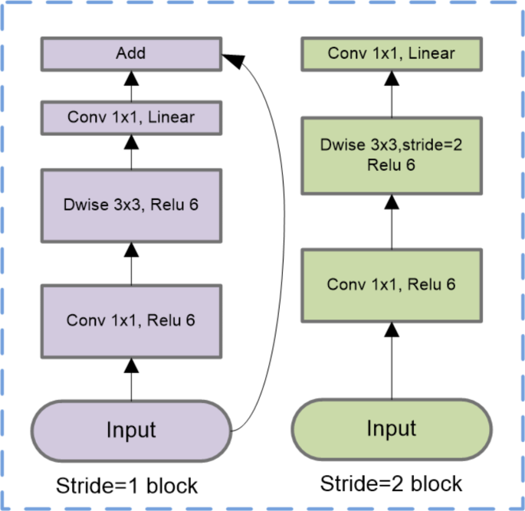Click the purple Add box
[x=130, y=54]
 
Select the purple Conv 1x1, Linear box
[x=130, y=118]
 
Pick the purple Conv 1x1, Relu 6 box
[x=130, y=319]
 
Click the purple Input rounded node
[x=130, y=429]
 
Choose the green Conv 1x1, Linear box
[x=392, y=54]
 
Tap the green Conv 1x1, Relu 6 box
[x=392, y=284]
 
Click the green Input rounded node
[x=392, y=427]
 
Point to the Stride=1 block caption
[x=127, y=486]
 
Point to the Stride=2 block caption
[x=391, y=483]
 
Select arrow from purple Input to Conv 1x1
[x=131, y=379]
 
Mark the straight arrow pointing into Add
[x=131, y=85]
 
